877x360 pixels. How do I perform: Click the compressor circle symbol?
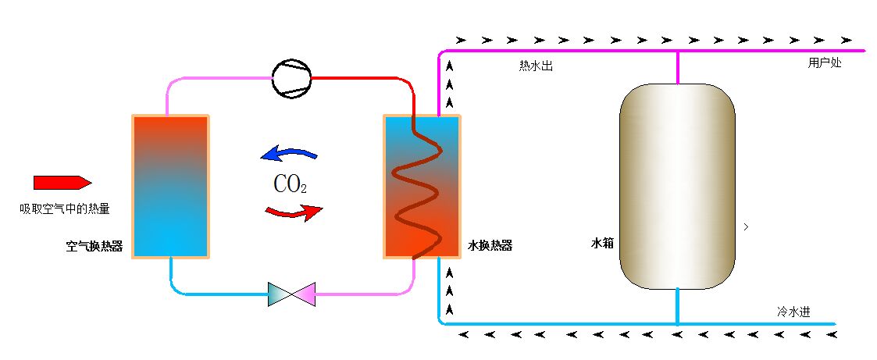[291, 78]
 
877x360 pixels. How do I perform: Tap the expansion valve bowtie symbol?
[291, 294]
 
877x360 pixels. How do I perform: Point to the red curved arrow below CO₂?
[294, 212]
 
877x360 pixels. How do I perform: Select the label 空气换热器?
[94, 246]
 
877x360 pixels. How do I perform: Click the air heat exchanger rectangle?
[171, 186]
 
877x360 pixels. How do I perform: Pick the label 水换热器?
[490, 245]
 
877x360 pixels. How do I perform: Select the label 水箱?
[602, 243]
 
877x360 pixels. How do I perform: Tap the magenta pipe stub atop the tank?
[677, 66]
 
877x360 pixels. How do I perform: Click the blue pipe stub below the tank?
[677, 305]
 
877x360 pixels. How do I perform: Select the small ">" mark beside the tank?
[747, 226]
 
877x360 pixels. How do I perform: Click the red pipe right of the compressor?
[359, 78]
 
